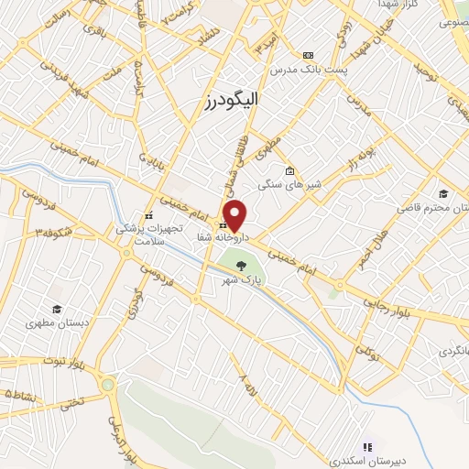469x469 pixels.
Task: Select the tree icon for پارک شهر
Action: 241,265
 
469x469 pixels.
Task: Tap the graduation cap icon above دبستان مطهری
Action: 57,309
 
